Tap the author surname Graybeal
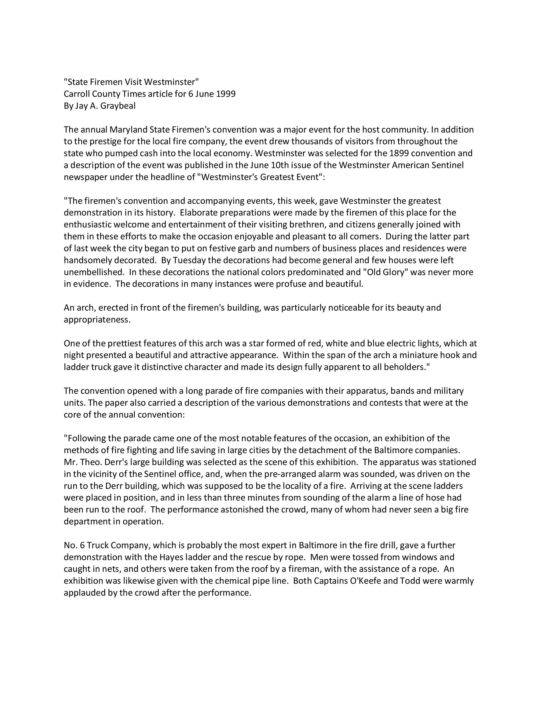pos(118,106)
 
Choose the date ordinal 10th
pos(280,165)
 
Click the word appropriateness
pos(97,320)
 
